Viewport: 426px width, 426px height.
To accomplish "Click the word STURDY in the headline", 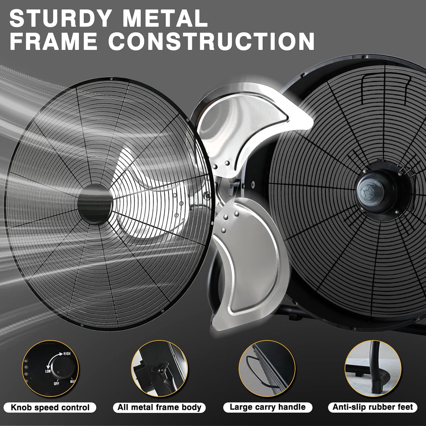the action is (60, 18).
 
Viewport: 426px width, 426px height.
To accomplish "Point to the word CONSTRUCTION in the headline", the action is (211, 41).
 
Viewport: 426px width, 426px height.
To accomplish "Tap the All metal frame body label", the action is (159, 408).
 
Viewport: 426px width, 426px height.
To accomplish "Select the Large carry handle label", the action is (268, 407).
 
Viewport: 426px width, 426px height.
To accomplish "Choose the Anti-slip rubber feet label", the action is (373, 407).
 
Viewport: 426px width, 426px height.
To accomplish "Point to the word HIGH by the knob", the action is (67, 354).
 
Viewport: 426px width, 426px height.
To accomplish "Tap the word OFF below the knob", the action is (57, 384).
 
